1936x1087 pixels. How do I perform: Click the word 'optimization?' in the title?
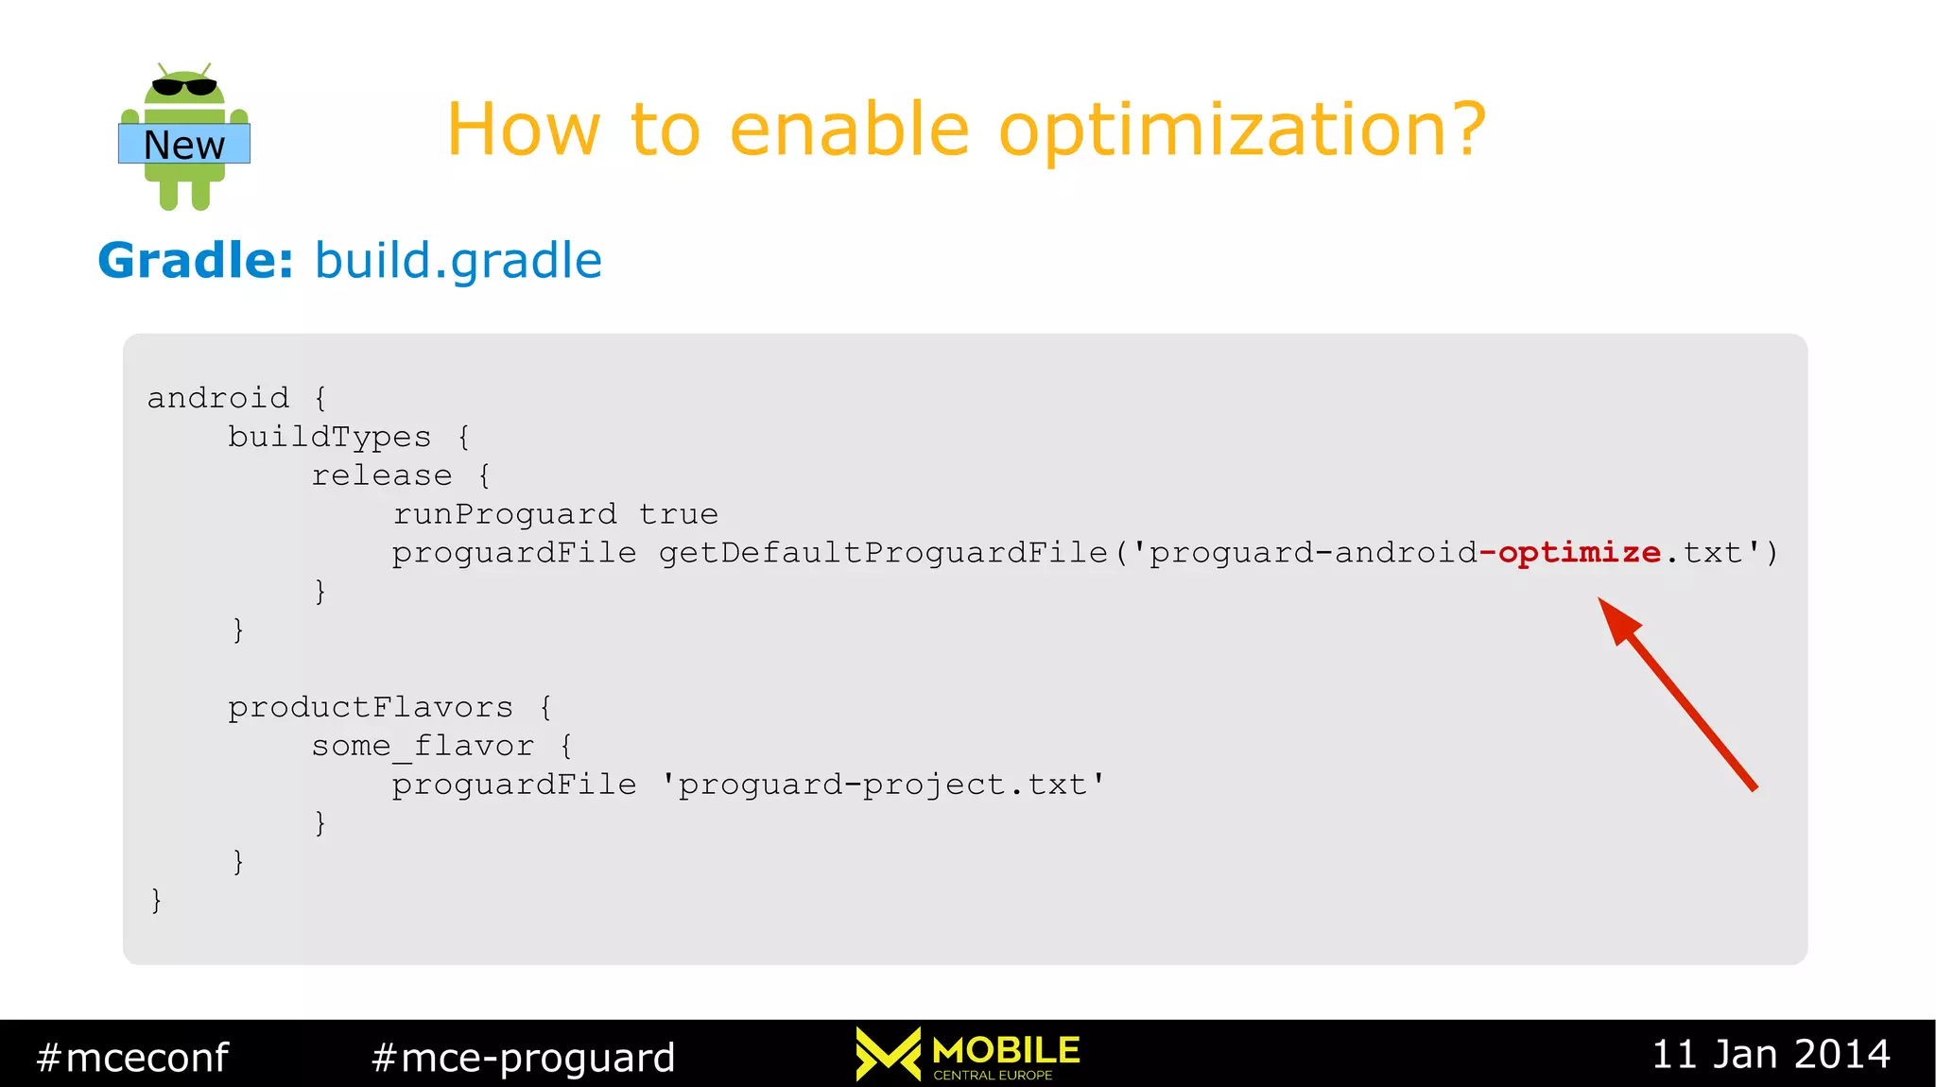click(1242, 130)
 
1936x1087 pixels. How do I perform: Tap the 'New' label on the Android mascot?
click(184, 145)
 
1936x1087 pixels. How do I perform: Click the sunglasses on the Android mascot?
click(184, 87)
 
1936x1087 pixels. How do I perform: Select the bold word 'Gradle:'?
click(196, 260)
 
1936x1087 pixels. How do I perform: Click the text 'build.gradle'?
click(458, 261)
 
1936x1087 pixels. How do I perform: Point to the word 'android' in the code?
click(218, 398)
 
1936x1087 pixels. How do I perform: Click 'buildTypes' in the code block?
click(329, 437)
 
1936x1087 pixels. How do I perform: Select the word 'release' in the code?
click(382, 475)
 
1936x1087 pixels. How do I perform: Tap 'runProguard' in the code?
click(505, 514)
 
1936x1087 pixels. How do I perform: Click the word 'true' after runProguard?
click(678, 514)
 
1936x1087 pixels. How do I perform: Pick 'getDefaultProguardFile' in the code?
click(883, 553)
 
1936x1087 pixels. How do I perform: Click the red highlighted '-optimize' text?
click(1570, 553)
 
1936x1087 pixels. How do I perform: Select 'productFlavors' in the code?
click(371, 707)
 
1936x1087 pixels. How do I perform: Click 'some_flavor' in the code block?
click(423, 747)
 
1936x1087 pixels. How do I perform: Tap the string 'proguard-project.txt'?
click(882, 785)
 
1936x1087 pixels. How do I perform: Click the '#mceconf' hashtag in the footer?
click(132, 1057)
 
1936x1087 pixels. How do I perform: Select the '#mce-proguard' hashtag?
click(524, 1057)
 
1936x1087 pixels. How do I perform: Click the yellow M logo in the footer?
click(888, 1053)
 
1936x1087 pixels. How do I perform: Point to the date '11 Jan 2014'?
click(1771, 1054)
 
